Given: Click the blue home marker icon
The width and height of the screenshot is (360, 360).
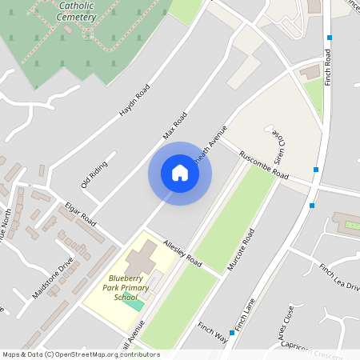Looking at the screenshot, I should (x=180, y=173).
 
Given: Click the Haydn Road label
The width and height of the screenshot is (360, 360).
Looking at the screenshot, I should (x=134, y=101).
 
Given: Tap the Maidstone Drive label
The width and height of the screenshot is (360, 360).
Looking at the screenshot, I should (x=54, y=277).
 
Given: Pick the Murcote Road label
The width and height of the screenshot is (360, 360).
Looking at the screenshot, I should (x=241, y=249).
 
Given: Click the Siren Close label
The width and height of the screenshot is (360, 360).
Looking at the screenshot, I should (x=279, y=143).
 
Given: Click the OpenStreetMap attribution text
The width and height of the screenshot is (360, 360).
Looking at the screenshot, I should (x=81, y=354).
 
